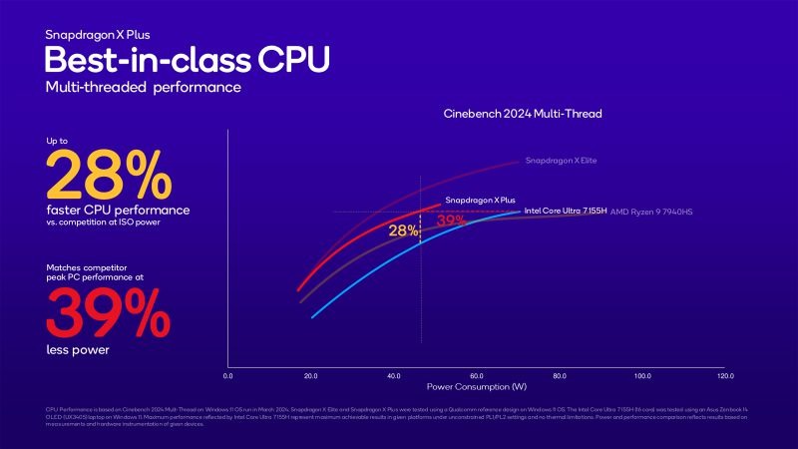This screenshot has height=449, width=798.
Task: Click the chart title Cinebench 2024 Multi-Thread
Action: [522, 115]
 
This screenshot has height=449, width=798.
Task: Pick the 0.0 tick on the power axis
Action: [228, 376]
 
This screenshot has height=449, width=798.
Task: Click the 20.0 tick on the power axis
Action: [310, 376]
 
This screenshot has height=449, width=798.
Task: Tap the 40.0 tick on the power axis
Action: [394, 376]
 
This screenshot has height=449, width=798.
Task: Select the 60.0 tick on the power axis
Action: [477, 376]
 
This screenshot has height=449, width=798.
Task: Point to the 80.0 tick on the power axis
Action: [560, 376]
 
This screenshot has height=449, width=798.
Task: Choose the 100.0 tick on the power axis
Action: [642, 376]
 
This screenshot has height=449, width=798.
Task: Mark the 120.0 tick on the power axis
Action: [725, 376]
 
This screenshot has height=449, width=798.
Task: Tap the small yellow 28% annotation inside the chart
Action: [403, 230]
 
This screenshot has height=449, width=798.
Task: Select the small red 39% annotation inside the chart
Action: [451, 220]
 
